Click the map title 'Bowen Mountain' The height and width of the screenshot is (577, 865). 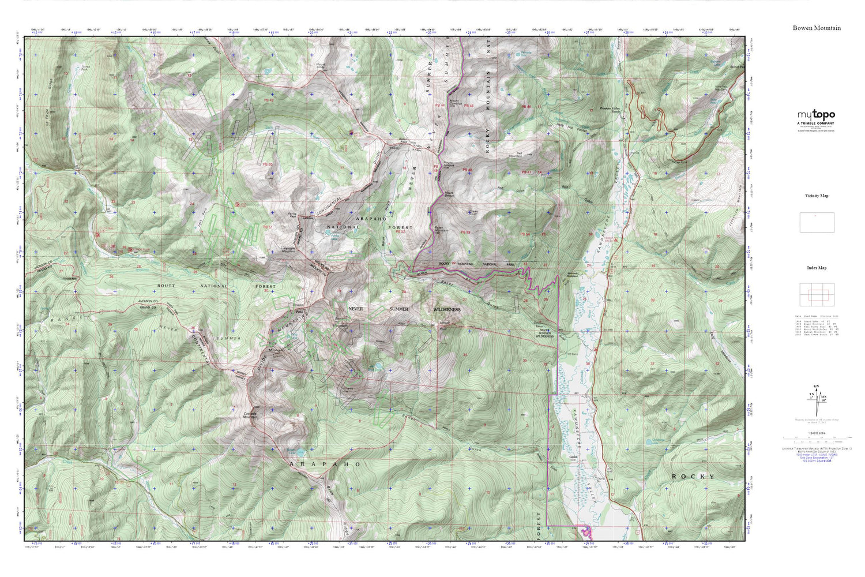tap(816, 28)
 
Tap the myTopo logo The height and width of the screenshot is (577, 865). tap(816, 115)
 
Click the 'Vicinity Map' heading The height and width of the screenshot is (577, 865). tap(816, 196)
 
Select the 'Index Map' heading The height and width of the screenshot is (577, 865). tap(816, 268)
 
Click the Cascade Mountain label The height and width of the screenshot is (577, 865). tap(249, 415)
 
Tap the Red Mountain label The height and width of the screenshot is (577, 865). tap(516, 155)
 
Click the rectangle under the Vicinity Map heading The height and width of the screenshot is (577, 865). tap(816, 223)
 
